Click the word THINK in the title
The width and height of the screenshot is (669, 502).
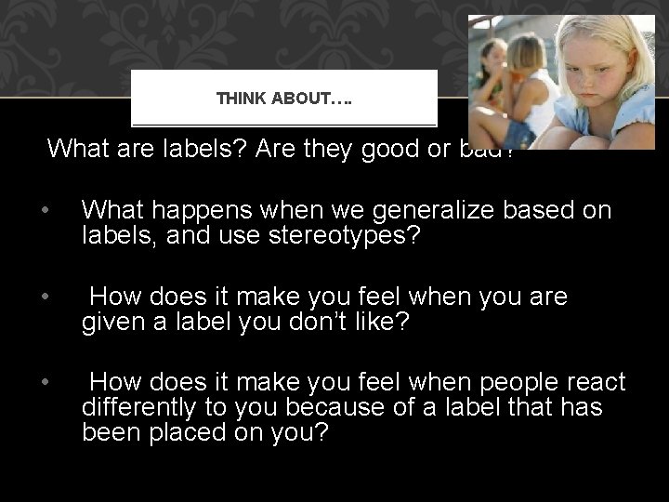tap(240, 98)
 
